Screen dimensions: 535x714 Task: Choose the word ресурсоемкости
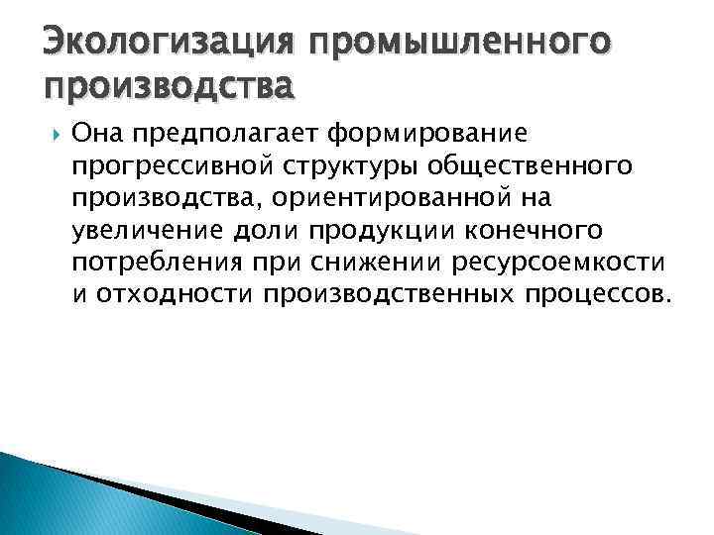[559, 264]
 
